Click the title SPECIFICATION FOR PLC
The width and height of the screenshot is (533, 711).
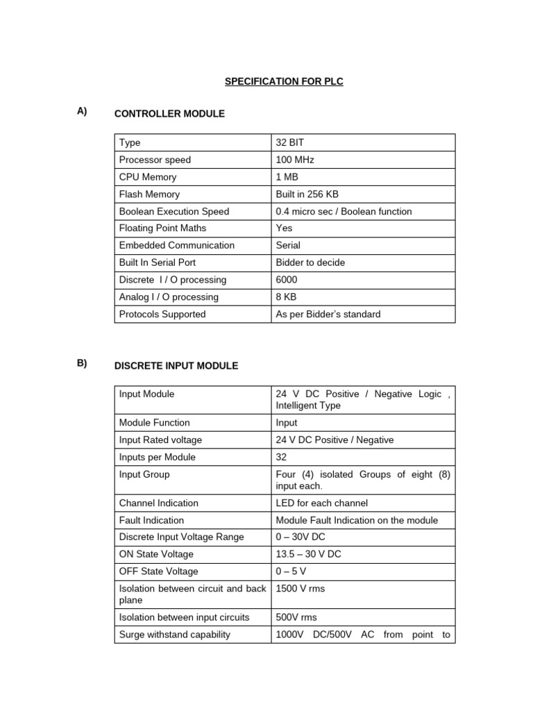point(284,81)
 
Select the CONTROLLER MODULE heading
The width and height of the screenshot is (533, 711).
point(169,113)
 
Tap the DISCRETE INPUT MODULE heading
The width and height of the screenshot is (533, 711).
point(176,365)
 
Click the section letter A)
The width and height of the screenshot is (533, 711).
point(83,111)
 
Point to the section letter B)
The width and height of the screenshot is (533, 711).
point(83,363)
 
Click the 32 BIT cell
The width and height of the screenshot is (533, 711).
point(290,142)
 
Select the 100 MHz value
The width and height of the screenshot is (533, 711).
point(295,160)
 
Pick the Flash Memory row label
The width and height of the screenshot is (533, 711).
point(149,194)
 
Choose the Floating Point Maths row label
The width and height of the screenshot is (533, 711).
point(162,228)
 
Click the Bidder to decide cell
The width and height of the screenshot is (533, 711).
point(310,262)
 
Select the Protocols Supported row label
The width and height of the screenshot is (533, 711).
point(162,314)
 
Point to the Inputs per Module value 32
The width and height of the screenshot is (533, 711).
point(282,457)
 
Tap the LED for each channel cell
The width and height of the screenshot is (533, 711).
point(321,503)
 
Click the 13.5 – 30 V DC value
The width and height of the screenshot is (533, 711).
point(308,554)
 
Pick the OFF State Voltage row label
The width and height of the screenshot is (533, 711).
point(159,571)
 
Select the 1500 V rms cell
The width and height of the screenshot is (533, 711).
point(301,589)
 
